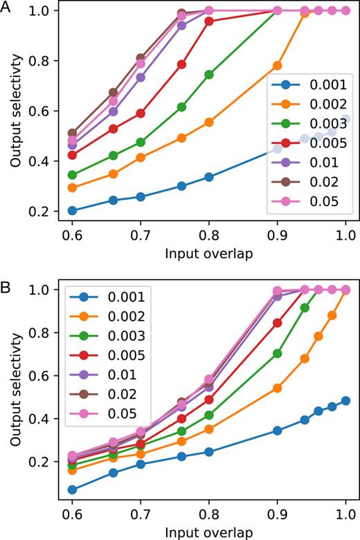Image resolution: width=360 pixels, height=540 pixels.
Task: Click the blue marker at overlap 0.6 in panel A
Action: tap(72, 210)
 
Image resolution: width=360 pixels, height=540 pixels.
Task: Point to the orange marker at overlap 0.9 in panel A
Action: tap(278, 66)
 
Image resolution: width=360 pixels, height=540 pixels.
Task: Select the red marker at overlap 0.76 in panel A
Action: tap(182, 64)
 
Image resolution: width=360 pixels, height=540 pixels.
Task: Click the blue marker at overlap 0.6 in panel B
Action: tap(72, 489)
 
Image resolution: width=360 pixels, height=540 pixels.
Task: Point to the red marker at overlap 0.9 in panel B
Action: tap(278, 323)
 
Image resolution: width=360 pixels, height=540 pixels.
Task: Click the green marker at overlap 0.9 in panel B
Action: tap(278, 353)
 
